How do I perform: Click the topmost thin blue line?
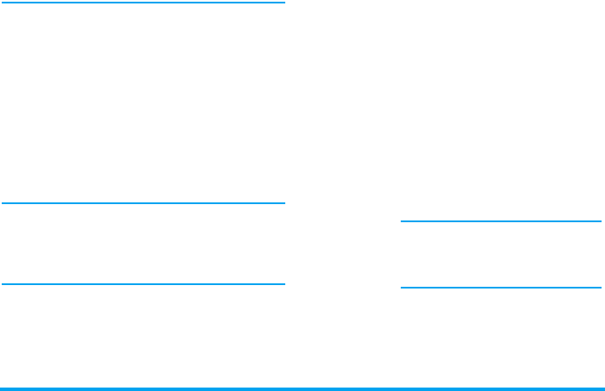click(x=143, y=3)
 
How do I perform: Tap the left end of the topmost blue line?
click(x=3, y=3)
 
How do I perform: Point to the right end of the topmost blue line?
click(x=284, y=3)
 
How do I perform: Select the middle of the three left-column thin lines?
click(x=143, y=203)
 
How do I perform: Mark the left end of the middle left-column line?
click(x=3, y=203)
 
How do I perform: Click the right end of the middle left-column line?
click(x=284, y=203)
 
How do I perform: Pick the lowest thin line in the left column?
click(x=143, y=283)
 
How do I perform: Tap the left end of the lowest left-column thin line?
click(x=3, y=283)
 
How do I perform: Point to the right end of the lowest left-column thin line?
click(x=284, y=283)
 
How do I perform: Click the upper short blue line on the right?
click(x=501, y=221)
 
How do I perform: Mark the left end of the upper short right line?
click(x=402, y=221)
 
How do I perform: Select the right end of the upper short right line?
click(x=600, y=221)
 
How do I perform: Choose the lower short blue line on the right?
click(x=501, y=287)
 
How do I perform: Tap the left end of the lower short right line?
click(x=402, y=287)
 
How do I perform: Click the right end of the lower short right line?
click(x=600, y=287)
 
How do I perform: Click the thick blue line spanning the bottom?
click(x=302, y=388)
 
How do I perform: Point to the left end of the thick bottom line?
click(x=3, y=388)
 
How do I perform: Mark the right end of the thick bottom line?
click(x=602, y=388)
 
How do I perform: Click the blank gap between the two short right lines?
click(x=501, y=254)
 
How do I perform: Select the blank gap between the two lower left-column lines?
click(x=143, y=244)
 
